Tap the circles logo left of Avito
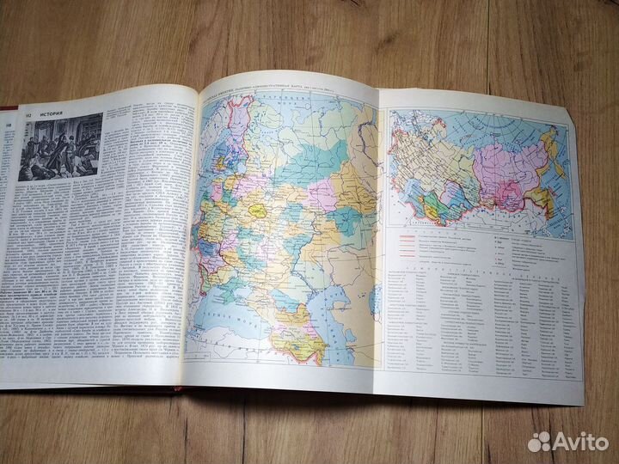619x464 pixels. pos(540,442)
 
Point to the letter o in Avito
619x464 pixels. pos(602,443)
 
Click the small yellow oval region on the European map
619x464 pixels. pos(256,207)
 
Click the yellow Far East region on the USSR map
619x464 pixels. pos(542,200)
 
